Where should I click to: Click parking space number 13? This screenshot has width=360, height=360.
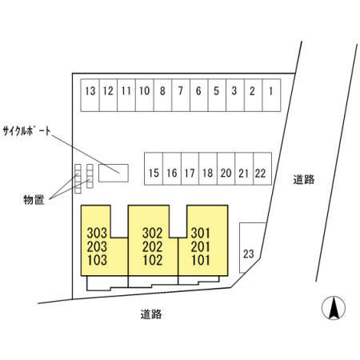pyautogui.click(x=90, y=95)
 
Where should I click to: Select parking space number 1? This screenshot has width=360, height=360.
pyautogui.click(x=271, y=95)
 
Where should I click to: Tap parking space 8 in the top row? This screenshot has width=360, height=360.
pyautogui.click(x=162, y=95)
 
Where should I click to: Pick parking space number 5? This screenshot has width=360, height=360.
pyautogui.click(x=217, y=95)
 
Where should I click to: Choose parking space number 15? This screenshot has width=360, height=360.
pyautogui.click(x=154, y=169)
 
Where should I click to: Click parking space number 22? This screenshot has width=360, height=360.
pyautogui.click(x=262, y=169)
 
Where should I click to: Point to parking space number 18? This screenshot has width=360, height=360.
pyautogui.click(x=208, y=169)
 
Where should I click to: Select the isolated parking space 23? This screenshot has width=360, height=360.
pyautogui.click(x=250, y=248)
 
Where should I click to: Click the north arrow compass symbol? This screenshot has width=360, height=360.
pyautogui.click(x=334, y=308)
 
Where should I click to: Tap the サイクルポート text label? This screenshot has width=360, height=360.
pyautogui.click(x=26, y=131)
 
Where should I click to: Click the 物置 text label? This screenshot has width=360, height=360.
pyautogui.click(x=34, y=200)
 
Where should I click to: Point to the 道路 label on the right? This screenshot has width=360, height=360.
pyautogui.click(x=304, y=179)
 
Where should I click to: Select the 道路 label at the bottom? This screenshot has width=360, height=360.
pyautogui.click(x=151, y=314)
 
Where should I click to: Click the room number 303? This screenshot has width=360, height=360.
pyautogui.click(x=97, y=233)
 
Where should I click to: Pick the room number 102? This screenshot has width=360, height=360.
pyautogui.click(x=153, y=260)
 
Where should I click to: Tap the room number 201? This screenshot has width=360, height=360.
pyautogui.click(x=200, y=246)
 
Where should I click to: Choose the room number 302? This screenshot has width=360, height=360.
pyautogui.click(x=153, y=233)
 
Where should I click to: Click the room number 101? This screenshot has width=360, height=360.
pyautogui.click(x=201, y=260)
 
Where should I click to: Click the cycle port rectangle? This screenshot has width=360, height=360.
pyautogui.click(x=114, y=173)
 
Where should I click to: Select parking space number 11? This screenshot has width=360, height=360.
pyautogui.click(x=126, y=95)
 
